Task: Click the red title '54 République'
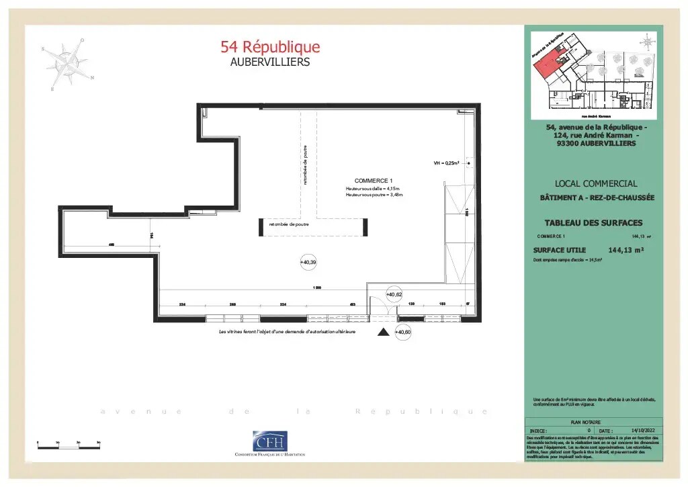[270, 47]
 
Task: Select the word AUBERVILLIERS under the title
[270, 62]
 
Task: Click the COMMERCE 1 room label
[373, 181]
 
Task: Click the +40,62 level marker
[394, 294]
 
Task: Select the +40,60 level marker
[402, 332]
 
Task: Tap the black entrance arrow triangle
[384, 332]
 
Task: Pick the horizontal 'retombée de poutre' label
[289, 224]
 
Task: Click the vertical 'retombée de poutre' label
[304, 165]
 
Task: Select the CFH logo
[269, 441]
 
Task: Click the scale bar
[68, 443]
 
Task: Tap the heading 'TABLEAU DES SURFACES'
[593, 223]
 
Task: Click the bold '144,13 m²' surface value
[626, 250]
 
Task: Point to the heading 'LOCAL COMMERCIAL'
[596, 183]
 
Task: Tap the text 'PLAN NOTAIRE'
[585, 422]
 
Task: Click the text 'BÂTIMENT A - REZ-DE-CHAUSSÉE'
[597, 197]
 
